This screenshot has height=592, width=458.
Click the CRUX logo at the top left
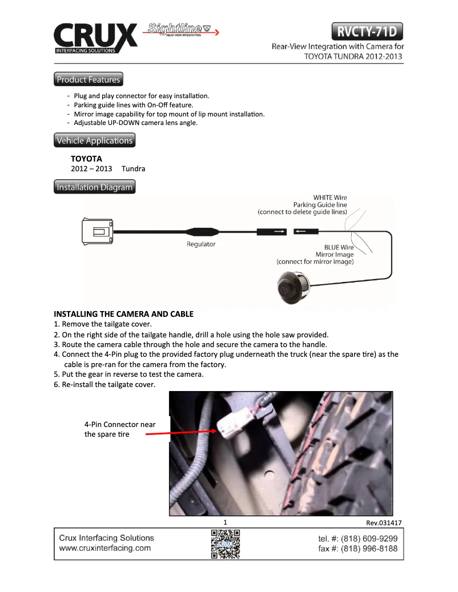point(95,38)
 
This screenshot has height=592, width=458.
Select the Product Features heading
point(89,79)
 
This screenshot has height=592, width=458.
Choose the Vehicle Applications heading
point(95,140)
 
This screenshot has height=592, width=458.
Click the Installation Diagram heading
point(95,187)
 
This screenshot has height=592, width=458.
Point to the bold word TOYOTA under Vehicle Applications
point(86,159)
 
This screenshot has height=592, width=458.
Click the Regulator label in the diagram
point(201,244)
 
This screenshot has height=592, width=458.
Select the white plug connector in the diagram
point(99,231)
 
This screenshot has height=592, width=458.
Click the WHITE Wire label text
point(330,198)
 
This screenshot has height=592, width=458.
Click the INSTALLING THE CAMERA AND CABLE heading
point(123,314)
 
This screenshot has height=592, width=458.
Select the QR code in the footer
point(225,543)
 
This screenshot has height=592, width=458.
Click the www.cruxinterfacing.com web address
point(105,548)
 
